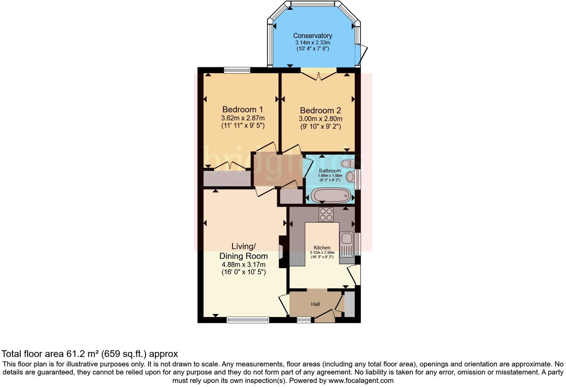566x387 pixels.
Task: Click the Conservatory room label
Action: click(312, 36)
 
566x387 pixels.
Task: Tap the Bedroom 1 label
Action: click(242, 109)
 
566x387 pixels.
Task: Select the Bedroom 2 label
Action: click(320, 111)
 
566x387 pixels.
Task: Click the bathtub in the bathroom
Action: click(330, 195)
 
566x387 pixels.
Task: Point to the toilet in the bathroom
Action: click(348, 163)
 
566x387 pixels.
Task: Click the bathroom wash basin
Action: click(350, 177)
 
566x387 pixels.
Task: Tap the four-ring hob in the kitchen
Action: click(326, 214)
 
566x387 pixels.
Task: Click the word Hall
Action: click(315, 304)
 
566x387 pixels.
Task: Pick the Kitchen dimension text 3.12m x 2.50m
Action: click(322, 252)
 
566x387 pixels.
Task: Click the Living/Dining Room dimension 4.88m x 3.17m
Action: click(244, 265)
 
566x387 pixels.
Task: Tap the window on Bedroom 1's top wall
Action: click(237, 70)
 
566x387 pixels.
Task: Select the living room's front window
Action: click(248, 320)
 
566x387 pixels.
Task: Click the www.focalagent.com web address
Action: click(361, 381)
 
